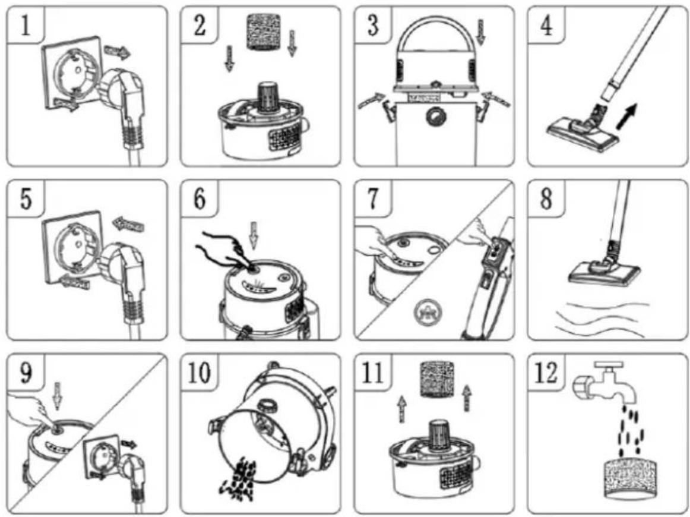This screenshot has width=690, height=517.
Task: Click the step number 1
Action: tap(25, 24)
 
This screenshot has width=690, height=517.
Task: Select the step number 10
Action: tap(200, 373)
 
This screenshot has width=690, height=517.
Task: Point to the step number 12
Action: tap(546, 373)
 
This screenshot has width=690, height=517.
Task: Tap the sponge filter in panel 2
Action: tap(262, 31)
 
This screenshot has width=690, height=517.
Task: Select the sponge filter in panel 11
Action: tap(436, 380)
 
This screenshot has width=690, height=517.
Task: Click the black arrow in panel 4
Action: tap(626, 116)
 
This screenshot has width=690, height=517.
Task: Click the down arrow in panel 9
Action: tap(57, 396)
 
